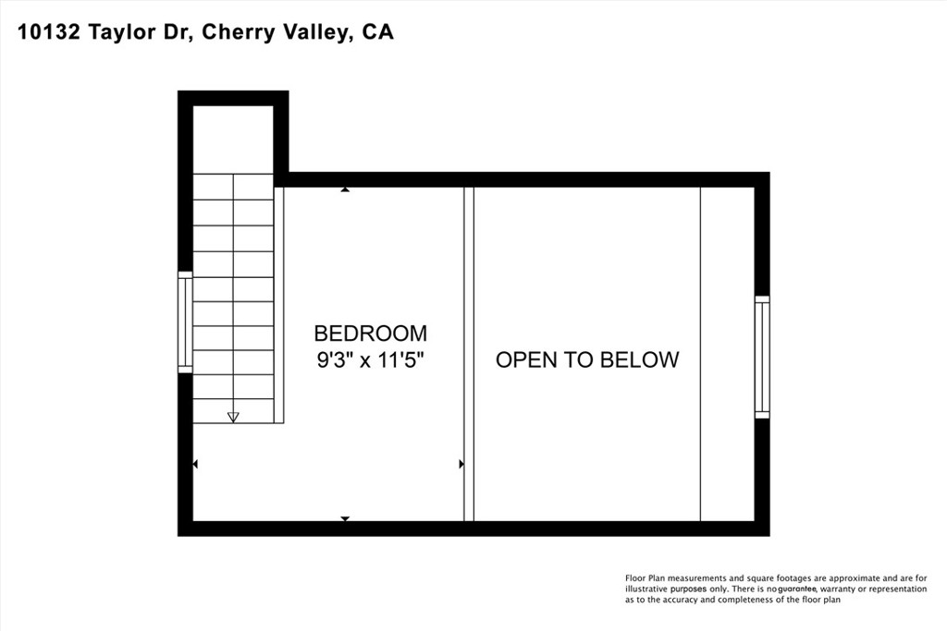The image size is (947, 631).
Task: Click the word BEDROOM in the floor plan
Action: point(370,334)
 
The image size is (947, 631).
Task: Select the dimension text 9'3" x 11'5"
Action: point(370,360)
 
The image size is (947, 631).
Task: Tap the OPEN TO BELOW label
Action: point(587,359)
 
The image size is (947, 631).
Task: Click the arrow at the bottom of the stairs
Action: point(233,417)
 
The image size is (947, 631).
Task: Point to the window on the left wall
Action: point(185,322)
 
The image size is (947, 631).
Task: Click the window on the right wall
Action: point(762,357)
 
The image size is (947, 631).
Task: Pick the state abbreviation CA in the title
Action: point(378,32)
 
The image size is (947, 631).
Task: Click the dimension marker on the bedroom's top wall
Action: point(345,189)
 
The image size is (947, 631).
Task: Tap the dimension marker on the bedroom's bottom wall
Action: point(345,518)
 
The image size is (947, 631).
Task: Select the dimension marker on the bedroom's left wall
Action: point(195,464)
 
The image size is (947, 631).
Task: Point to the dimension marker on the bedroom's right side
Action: point(461,464)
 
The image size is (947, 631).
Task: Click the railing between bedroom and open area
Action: point(469,354)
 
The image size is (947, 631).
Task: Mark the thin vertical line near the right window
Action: point(700,354)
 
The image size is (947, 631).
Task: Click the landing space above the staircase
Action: point(233,139)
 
